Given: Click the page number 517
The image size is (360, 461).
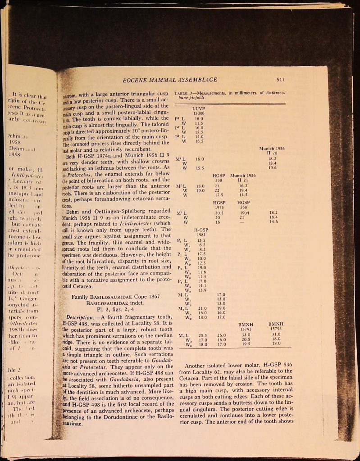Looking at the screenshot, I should click(280, 80).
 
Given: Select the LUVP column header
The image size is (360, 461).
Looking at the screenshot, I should click(198, 109).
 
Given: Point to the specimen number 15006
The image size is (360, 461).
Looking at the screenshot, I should click(198, 113).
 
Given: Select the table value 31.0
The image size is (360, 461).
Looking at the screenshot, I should click(275, 335).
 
